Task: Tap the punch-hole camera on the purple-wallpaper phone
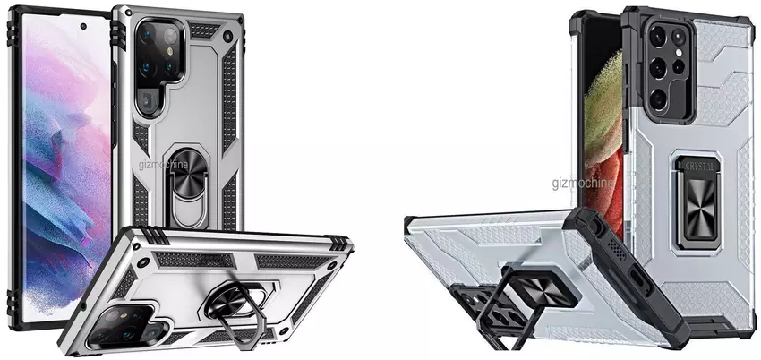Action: (83, 26)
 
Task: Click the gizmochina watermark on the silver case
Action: (164, 165)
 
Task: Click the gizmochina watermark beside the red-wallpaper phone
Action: (582, 183)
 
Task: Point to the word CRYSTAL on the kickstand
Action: (699, 167)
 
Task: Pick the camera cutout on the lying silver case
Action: (127, 327)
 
